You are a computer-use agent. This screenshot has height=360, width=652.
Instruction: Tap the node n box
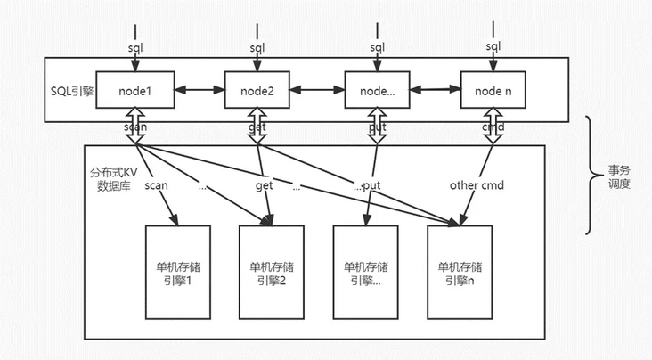click(x=492, y=89)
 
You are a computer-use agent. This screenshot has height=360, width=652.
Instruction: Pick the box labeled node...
click(x=378, y=89)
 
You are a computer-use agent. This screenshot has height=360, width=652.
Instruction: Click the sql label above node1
click(x=134, y=45)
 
